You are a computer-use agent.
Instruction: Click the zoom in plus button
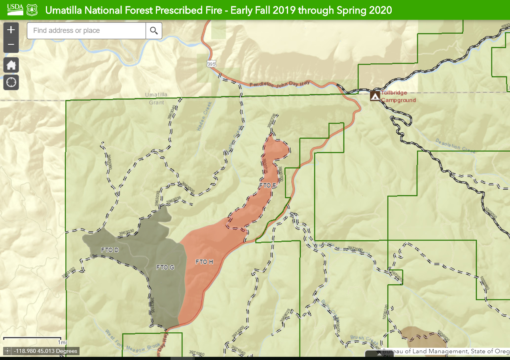pyautogui.click(x=11, y=30)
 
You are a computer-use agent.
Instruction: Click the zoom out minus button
pyautogui.click(x=11, y=45)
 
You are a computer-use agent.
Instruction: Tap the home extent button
pyautogui.click(x=11, y=65)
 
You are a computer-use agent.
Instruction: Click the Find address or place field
pyautogui.click(x=86, y=30)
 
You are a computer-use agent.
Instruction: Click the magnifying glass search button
pyautogui.click(x=154, y=30)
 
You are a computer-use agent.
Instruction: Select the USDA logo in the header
pyautogui.click(x=15, y=10)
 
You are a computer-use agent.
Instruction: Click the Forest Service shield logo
pyautogui.click(x=32, y=10)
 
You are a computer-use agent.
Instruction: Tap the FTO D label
pyautogui.click(x=99, y=250)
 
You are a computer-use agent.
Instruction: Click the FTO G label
pyautogui.click(x=165, y=267)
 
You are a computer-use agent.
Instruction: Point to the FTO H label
pyautogui.click(x=204, y=262)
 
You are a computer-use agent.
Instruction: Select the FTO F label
pyautogui.click(x=267, y=185)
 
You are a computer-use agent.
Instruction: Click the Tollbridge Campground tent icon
pyautogui.click(x=375, y=96)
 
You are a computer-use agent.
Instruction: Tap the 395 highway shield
pyautogui.click(x=210, y=63)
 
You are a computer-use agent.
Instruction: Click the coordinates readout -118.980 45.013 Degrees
pyautogui.click(x=41, y=351)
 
